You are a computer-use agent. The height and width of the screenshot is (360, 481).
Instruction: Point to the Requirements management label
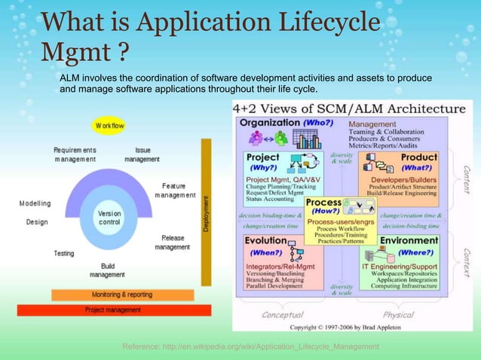click(75, 154)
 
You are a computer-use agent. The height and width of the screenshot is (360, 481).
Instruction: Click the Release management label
click(173, 242)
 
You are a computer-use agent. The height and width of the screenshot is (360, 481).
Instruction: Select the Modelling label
click(35, 203)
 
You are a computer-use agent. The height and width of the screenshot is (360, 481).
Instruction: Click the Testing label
click(64, 253)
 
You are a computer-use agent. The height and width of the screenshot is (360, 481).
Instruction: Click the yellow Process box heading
click(326, 203)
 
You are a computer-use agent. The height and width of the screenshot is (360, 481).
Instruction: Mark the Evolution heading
click(265, 240)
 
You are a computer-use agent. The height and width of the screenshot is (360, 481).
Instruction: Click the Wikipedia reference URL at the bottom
click(250, 346)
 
